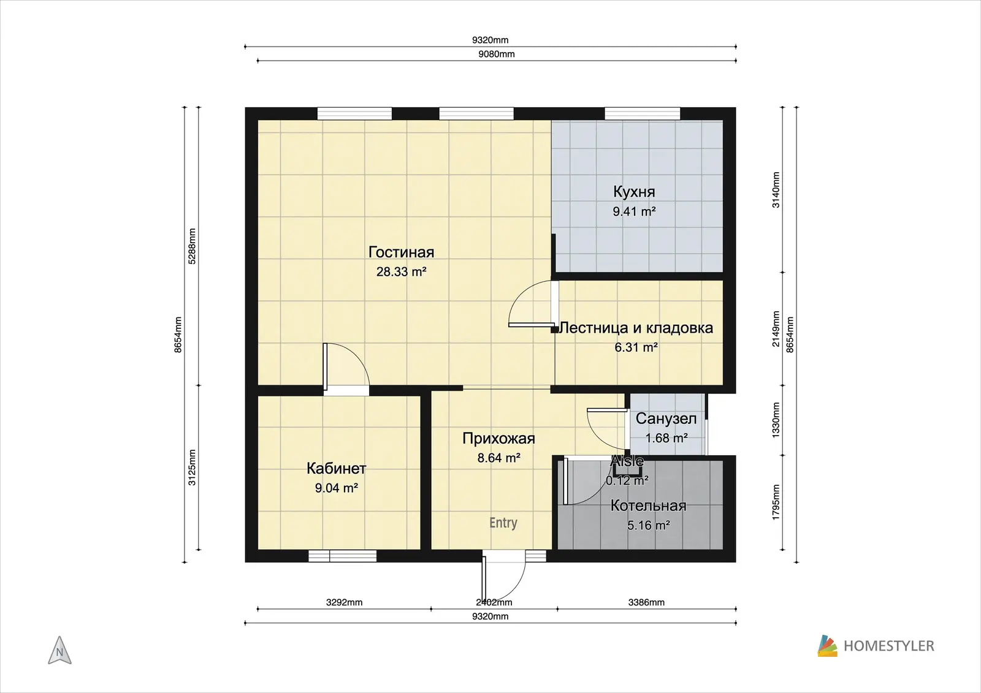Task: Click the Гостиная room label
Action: pyautogui.click(x=401, y=252)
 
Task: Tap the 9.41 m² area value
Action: pyautogui.click(x=634, y=212)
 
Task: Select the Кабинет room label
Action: pyautogui.click(x=337, y=468)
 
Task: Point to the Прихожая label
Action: pyautogui.click(x=499, y=438)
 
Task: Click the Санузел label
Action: pyautogui.click(x=666, y=419)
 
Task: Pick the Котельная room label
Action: pyautogui.click(x=648, y=506)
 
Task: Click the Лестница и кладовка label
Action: pyautogui.click(x=636, y=327)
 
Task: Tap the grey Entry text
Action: pyautogui.click(x=503, y=523)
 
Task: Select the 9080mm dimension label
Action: pyautogui.click(x=496, y=55)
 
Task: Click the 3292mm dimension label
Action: pyautogui.click(x=344, y=602)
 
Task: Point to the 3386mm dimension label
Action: pyautogui.click(x=646, y=602)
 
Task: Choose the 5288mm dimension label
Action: pyautogui.click(x=192, y=246)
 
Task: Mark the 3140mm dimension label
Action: pyautogui.click(x=776, y=189)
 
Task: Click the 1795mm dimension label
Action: pyautogui.click(x=776, y=502)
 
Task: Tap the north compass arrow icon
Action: pyautogui.click(x=60, y=650)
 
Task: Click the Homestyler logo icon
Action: pyautogui.click(x=827, y=646)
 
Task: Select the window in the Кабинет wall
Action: pyautogui.click(x=343, y=556)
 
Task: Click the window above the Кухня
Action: pyautogui.click(x=643, y=113)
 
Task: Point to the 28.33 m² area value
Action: pyautogui.click(x=401, y=272)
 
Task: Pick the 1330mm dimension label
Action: pyautogui.click(x=776, y=420)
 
